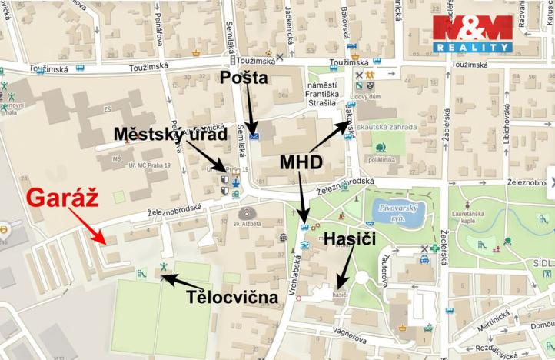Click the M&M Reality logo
(x=472, y=32)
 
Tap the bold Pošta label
(x=244, y=77)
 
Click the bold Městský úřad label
(x=171, y=135)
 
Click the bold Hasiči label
(x=350, y=239)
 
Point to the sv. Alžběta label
(x=246, y=224)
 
